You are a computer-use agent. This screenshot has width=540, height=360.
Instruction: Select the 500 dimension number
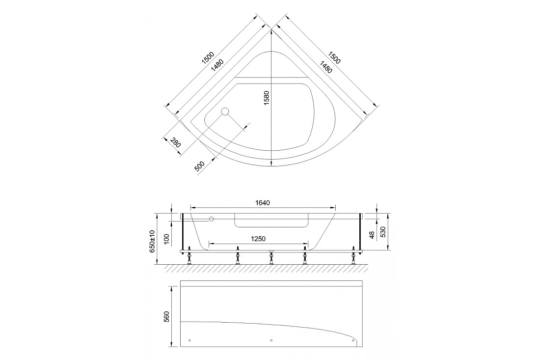(199, 166)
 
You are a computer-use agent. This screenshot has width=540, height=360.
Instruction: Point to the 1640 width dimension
(263, 203)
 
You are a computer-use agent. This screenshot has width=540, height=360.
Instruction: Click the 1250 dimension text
(258, 238)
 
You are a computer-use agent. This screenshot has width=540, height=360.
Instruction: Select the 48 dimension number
(371, 235)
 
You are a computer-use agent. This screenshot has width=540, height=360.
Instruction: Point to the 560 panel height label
(167, 317)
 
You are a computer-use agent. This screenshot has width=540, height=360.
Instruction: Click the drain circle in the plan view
(225, 111)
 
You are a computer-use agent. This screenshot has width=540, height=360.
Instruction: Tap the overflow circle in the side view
(212, 219)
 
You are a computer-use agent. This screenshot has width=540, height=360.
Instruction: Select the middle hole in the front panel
(271, 341)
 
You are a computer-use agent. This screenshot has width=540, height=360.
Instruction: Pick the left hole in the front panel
(190, 341)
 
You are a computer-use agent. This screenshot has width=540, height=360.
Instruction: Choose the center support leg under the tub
(271, 257)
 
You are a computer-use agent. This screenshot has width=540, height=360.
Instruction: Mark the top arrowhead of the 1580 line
(271, 32)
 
